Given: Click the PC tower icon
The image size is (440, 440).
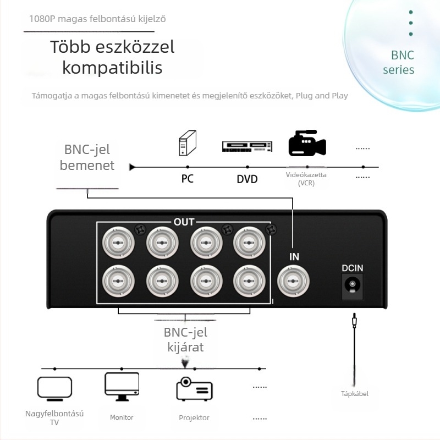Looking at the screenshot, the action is click(x=188, y=143).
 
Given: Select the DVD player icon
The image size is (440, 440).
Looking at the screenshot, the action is click(x=247, y=146).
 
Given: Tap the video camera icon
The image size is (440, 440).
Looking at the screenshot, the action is click(x=307, y=143).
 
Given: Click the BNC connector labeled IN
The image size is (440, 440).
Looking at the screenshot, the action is click(x=293, y=281).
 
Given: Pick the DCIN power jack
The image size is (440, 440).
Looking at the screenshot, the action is click(x=352, y=287).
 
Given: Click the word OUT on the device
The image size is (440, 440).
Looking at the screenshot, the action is click(x=184, y=222).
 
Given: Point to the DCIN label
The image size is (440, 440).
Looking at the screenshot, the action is click(x=352, y=268).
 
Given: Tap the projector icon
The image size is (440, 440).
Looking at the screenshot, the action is click(x=194, y=389).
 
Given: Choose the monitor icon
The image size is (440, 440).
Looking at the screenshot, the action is click(x=122, y=387).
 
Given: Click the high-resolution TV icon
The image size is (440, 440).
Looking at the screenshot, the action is click(x=54, y=389).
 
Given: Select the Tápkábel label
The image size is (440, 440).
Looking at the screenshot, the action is click(x=355, y=394).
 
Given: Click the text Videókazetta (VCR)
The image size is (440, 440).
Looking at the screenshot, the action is click(x=306, y=179).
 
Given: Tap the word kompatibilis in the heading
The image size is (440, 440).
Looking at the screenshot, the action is click(x=112, y=68).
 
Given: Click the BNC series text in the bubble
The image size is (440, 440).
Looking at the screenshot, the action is click(x=399, y=62).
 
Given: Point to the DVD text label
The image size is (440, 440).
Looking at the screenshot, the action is click(x=247, y=179).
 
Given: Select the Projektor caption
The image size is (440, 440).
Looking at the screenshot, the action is click(x=194, y=418).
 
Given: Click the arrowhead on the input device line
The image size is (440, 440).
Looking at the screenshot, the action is click(x=132, y=167).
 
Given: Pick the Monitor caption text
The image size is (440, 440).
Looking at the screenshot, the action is click(x=122, y=417).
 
